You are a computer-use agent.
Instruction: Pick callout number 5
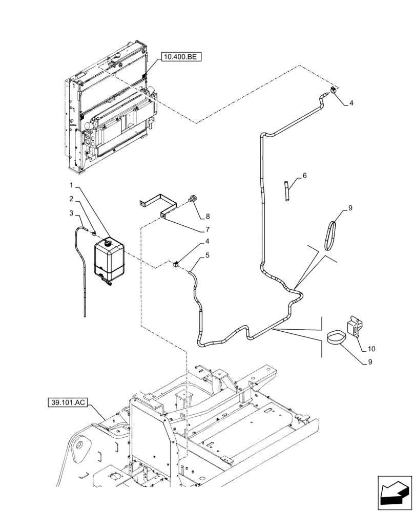(x=208, y=254)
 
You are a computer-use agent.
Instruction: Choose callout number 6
(x=304, y=176)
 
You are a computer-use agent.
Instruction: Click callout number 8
(x=208, y=216)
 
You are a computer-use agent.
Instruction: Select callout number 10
(x=371, y=349)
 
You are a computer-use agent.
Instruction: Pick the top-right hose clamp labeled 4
(x=333, y=91)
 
